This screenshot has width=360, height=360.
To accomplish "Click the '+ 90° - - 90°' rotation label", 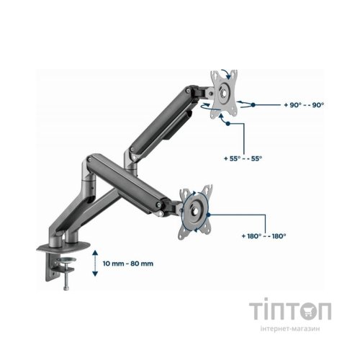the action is [304, 105].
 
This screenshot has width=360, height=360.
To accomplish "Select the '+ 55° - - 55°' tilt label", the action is [243, 158].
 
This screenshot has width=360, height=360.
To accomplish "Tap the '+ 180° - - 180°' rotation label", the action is [264, 236].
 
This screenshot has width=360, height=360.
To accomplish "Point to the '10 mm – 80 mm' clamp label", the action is [128, 264].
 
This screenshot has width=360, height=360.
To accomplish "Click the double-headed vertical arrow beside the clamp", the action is [95, 264].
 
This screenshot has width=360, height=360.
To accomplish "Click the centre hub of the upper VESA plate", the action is [225, 93].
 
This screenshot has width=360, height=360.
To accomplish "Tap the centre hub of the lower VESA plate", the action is [194, 211].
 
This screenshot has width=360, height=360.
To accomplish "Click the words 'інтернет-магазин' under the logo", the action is [290, 328].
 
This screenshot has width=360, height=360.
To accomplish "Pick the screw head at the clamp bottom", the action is [66, 288].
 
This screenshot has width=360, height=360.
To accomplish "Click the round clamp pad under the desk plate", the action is [66, 260].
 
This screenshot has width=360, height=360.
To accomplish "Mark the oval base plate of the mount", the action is [63, 247].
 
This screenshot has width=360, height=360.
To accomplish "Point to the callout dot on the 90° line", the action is [253, 105].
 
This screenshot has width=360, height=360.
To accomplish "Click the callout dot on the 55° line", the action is [228, 124].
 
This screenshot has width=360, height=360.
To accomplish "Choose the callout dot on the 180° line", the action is [208, 215].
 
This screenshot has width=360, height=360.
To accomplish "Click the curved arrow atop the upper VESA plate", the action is [227, 73].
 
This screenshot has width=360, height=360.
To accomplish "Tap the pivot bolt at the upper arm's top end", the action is [188, 91].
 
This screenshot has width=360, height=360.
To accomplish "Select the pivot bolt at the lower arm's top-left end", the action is [89, 158].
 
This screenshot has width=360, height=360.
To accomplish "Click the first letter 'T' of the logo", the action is [256, 311].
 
